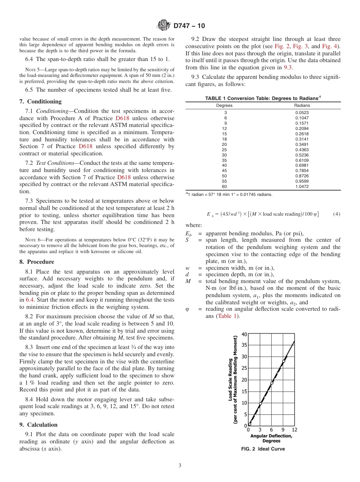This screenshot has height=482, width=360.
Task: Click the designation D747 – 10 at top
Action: [x=189, y=26]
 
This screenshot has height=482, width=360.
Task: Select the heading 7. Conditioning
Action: [x=40, y=102]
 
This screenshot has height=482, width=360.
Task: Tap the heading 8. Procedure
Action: [x=37, y=262]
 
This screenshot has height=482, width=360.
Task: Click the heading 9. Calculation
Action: [x=38, y=425]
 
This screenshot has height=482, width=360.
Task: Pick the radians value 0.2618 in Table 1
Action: [x=302, y=134]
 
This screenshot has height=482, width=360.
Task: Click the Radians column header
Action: [x=302, y=105]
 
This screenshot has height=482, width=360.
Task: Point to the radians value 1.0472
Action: [x=302, y=186]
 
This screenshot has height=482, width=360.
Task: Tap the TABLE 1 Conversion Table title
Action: [x=263, y=98]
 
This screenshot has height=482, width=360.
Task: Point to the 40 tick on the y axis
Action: [x=244, y=334]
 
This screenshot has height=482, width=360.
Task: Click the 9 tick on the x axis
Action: [x=283, y=430]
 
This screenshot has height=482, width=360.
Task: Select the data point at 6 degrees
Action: [x=271, y=383]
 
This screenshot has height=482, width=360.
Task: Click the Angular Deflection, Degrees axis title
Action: [x=271, y=438]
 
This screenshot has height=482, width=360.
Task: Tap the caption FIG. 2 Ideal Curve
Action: [x=263, y=449]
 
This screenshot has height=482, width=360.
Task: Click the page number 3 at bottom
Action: [x=180, y=465]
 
